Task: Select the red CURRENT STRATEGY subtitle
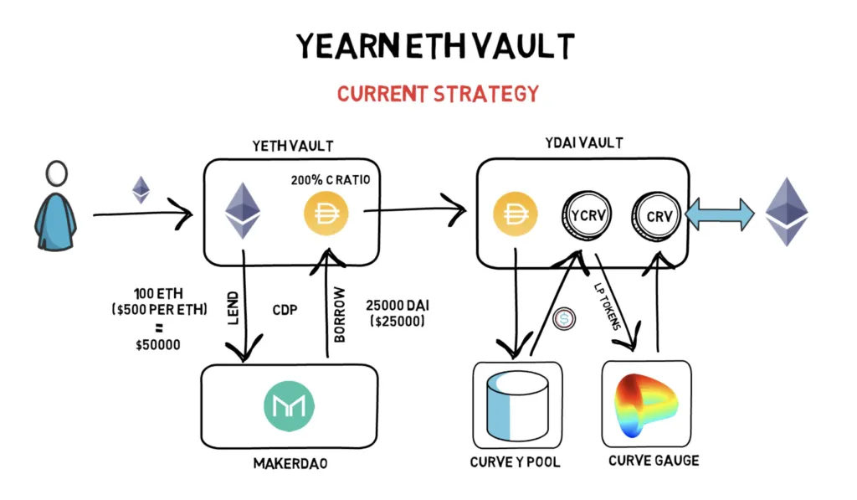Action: pyautogui.click(x=438, y=92)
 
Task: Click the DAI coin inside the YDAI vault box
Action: pyautogui.click(x=515, y=214)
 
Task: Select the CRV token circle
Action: pyautogui.click(x=658, y=215)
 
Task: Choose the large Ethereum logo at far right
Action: pyautogui.click(x=788, y=211)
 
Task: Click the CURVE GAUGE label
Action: pyautogui.click(x=654, y=461)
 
